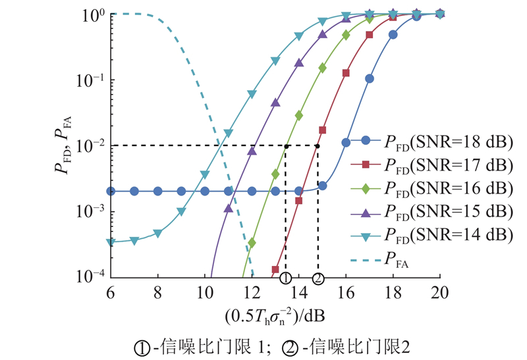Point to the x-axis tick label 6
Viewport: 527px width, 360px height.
point(111,292)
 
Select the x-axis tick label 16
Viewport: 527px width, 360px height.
point(346,292)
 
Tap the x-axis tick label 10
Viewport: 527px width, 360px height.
point(205,292)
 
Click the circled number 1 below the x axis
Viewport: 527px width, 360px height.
point(285,278)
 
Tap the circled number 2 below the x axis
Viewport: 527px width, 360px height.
point(318,278)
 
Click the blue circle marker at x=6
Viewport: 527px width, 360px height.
point(111,192)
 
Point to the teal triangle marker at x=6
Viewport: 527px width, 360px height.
point(111,242)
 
